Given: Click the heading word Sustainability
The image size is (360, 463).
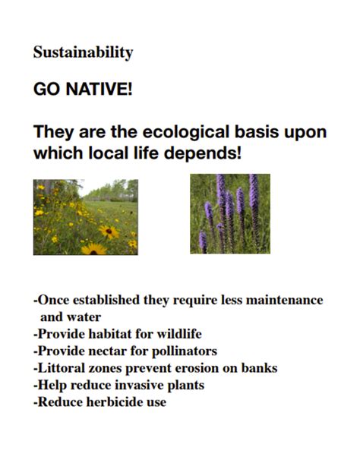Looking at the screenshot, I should (83, 53).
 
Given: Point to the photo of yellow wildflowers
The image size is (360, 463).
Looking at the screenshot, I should (86, 216).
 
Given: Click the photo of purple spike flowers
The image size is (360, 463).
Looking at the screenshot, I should (230, 213).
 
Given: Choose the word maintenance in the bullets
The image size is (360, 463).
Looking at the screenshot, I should (283, 301).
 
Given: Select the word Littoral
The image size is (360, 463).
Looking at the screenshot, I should (63, 368).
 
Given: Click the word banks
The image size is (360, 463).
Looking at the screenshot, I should (261, 368).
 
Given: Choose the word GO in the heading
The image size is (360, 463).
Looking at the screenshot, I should (46, 90).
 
